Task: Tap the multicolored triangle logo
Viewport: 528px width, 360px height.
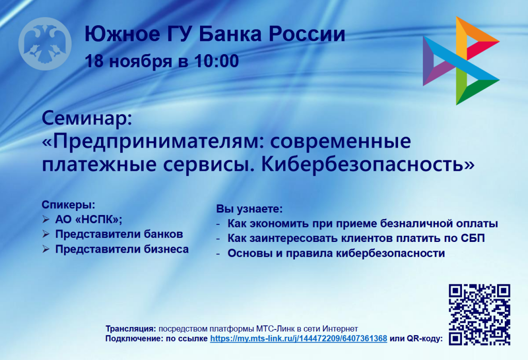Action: (460, 61)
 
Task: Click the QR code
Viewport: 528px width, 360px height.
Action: (480, 314)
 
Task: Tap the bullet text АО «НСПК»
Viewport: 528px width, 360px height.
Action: (89, 219)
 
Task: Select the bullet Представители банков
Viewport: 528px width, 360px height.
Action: (119, 234)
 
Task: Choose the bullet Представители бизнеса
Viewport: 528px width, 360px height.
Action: (122, 249)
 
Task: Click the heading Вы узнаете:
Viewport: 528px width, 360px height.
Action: (250, 209)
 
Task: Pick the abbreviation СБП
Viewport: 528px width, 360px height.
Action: (474, 238)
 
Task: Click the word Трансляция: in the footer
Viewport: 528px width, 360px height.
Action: (130, 329)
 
